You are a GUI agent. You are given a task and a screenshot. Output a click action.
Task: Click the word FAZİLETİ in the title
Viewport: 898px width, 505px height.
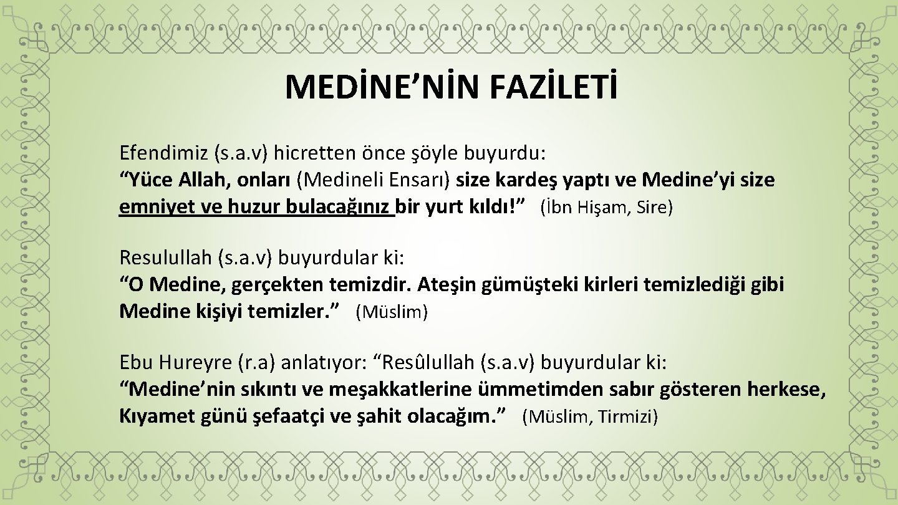(553, 87)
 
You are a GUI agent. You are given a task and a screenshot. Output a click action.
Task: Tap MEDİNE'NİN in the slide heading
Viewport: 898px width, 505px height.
(384, 87)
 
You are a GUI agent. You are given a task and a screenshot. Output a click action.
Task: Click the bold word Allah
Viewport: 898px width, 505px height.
(192, 180)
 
